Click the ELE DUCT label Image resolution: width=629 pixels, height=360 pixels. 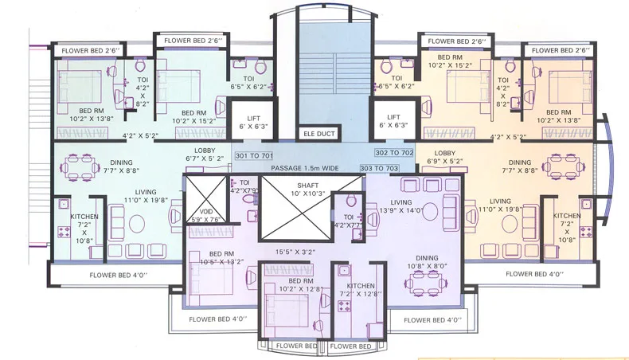315,134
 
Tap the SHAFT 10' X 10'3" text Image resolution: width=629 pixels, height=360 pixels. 293,190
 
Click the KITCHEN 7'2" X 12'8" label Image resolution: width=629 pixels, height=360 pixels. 354,290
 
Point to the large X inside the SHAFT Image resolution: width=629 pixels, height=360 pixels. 293,205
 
